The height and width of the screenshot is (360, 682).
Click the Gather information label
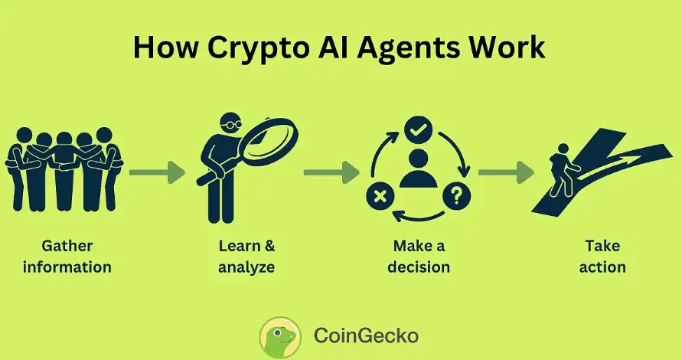[x=67, y=257]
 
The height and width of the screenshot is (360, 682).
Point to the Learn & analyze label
[x=246, y=257]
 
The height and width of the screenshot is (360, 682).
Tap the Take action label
[x=602, y=257]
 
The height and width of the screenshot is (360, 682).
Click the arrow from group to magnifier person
[x=157, y=172]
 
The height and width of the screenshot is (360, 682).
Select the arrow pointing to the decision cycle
[x=331, y=172]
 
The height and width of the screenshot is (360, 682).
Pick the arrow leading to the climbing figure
[x=506, y=172]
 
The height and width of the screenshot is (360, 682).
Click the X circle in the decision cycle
[x=379, y=197]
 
